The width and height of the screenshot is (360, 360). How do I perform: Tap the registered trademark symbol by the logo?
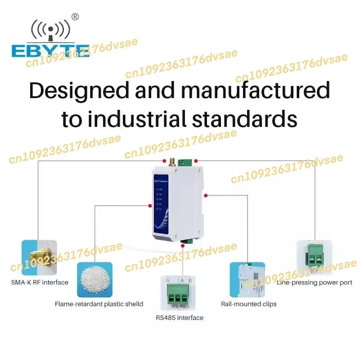click(x=75, y=17)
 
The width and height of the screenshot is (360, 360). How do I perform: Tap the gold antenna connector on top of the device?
click(x=171, y=162)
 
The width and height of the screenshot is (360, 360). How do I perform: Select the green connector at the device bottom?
click(x=185, y=243)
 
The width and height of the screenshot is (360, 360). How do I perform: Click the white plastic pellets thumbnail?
click(x=95, y=279)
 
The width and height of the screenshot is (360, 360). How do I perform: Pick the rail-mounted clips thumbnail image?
click(x=247, y=279)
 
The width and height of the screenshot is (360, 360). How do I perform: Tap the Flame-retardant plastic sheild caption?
click(x=99, y=304)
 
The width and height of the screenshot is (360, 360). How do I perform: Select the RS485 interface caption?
click(x=180, y=318)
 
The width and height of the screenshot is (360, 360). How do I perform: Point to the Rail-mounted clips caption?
click(x=248, y=304)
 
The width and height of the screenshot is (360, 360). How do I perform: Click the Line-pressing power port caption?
click(x=315, y=283)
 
